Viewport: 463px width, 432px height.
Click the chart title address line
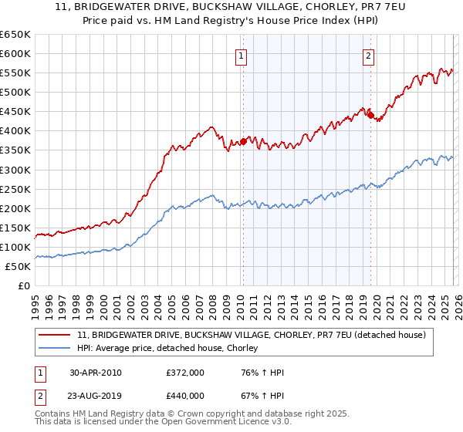231,7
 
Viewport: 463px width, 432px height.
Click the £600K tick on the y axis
15,53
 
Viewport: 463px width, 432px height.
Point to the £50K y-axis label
18,266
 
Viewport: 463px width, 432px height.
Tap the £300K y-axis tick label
15,170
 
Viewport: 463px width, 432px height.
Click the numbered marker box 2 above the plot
369,56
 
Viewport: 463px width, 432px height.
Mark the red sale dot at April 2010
243,141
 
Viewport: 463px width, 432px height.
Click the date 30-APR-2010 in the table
95,373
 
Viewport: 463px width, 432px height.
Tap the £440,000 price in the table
184,395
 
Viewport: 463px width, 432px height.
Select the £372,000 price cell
184,373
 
